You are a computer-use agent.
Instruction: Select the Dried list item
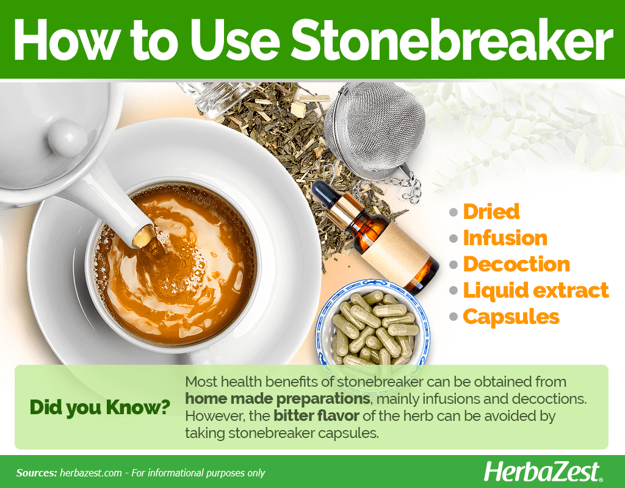tap(491, 211)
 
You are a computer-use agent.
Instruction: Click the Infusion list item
tap(505, 238)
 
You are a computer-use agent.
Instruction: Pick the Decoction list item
tap(516, 264)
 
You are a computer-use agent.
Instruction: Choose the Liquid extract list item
tap(536, 290)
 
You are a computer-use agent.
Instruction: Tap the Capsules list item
tap(511, 317)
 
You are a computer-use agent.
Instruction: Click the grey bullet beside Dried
tap(453, 212)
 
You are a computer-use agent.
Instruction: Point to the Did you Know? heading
tap(99, 407)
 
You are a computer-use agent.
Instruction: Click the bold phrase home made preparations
tap(278, 399)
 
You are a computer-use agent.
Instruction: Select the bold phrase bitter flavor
tap(317, 416)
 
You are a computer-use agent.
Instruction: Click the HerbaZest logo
tap(543, 472)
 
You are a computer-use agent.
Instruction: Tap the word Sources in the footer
tap(36, 473)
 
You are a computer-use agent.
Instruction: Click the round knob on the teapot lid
tap(68, 138)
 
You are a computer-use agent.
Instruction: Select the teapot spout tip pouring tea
tap(143, 236)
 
